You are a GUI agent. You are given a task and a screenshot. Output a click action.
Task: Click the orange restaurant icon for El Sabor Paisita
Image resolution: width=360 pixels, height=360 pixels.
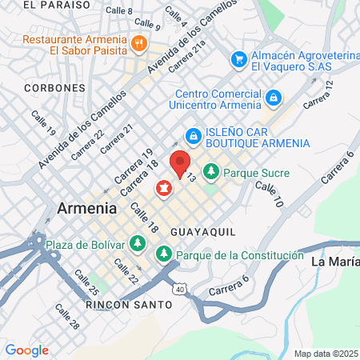(x=138, y=43)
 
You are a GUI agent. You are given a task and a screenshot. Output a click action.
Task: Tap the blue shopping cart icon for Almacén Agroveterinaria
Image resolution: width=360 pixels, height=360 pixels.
(x=238, y=59)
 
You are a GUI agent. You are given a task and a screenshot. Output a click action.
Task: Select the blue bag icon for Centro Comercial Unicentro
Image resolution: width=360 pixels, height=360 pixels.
(x=274, y=98)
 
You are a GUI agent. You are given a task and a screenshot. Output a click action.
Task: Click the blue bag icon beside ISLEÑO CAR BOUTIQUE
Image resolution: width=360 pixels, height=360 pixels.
(x=193, y=136)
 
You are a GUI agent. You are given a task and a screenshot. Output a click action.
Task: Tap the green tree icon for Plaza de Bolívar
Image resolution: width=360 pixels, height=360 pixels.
(x=138, y=242)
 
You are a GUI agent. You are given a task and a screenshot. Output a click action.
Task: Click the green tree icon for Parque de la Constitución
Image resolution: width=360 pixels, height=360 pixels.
(x=163, y=254)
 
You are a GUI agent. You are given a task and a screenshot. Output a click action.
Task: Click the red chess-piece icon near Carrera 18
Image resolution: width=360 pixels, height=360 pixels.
(x=163, y=189)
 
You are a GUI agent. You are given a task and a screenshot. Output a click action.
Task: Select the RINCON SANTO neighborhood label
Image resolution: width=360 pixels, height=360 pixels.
(x=127, y=305)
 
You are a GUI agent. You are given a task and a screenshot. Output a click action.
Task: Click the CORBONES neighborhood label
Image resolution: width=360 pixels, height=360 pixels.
(x=50, y=87)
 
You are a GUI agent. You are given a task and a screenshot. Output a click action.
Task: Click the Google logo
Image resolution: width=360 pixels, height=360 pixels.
(x=26, y=350)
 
